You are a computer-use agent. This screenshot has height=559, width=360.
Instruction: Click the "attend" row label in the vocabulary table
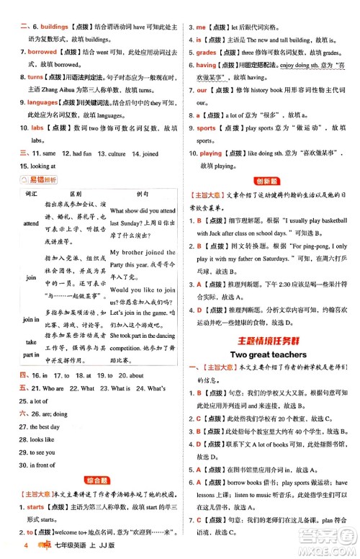(31, 224)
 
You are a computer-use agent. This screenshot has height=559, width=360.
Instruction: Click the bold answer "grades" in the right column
(207, 53)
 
